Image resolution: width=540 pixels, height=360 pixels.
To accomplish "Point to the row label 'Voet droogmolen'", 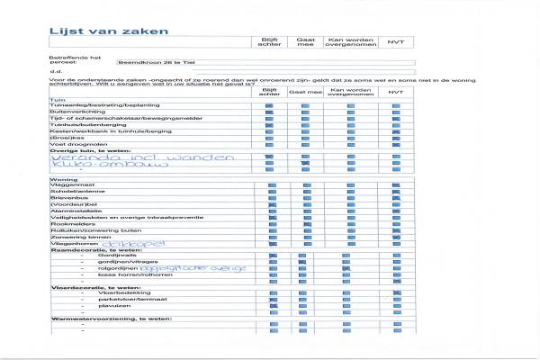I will (x=74, y=144).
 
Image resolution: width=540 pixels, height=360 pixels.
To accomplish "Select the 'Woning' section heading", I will (x=61, y=179).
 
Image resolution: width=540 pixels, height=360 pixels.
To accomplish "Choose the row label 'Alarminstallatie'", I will (x=76, y=211).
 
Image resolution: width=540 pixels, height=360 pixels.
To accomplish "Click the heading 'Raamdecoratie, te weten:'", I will (x=89, y=248).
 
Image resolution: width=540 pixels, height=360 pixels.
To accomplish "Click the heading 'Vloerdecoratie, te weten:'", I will (x=90, y=287).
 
